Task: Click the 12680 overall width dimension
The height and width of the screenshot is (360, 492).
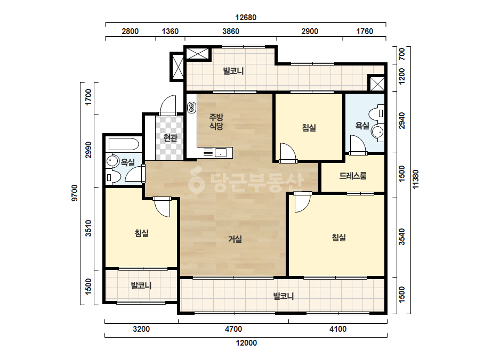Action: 246,18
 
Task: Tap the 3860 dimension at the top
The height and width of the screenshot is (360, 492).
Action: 231,31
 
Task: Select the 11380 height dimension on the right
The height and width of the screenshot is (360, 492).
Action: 415,179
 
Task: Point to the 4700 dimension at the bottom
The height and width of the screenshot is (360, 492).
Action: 233,329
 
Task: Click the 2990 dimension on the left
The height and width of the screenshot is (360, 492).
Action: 88,150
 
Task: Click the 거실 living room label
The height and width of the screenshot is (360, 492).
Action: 235,239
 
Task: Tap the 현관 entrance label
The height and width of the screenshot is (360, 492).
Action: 171,138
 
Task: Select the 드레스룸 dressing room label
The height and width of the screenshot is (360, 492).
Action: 353,176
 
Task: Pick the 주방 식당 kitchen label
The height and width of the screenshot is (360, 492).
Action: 216,121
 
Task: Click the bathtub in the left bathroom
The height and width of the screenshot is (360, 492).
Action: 124,144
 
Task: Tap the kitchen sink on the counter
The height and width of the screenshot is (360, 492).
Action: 221,153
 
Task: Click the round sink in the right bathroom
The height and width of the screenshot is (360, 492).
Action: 377,132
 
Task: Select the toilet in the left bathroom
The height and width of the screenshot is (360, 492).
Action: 114,177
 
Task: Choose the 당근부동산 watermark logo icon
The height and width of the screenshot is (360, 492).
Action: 196,181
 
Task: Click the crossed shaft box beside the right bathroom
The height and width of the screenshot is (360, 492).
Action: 377,84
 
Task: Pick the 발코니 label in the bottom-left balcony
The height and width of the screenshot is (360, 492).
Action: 141,285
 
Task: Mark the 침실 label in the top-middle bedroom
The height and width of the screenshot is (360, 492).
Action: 309,128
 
